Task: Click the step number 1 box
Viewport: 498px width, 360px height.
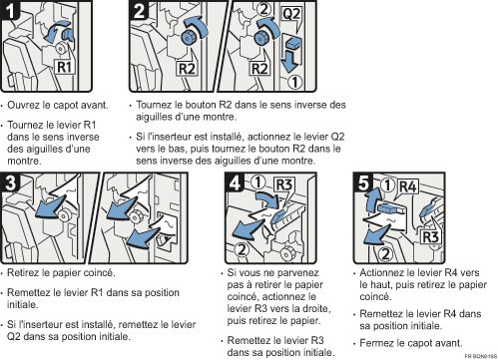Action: [x=13, y=13]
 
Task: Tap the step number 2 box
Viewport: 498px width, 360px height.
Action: [x=140, y=13]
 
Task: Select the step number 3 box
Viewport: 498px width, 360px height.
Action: [x=12, y=182]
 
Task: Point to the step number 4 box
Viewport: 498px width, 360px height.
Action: [x=231, y=182]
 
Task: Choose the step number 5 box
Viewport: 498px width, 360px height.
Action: [x=365, y=182]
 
